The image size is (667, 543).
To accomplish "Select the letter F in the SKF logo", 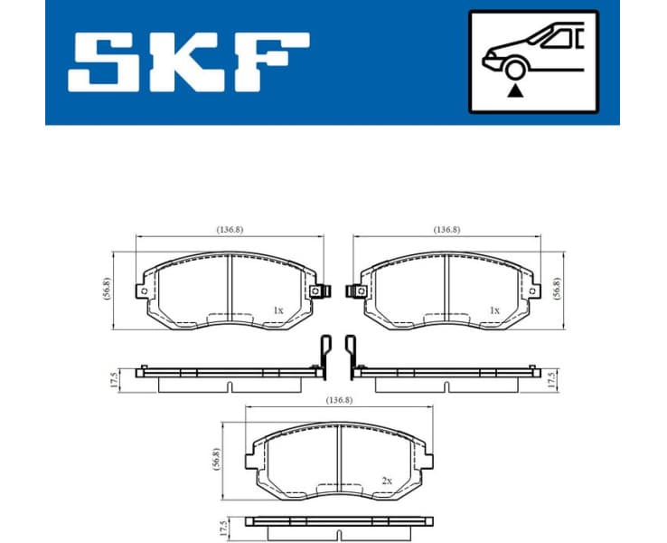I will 271,62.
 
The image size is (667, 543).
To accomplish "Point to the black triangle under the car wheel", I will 515,90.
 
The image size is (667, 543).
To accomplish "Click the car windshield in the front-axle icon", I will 553,37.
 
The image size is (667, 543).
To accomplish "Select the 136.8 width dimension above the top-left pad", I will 229,230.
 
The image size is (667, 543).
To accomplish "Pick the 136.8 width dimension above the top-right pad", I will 446,230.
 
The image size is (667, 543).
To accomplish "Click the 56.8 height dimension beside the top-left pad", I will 107,288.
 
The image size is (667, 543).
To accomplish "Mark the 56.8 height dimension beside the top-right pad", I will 557,288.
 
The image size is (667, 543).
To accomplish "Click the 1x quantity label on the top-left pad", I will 278,310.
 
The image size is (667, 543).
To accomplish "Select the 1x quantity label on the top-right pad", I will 493,310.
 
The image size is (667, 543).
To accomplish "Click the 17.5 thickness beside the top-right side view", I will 550,378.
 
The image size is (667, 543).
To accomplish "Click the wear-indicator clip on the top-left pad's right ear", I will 315,291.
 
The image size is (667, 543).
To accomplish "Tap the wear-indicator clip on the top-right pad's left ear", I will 356,291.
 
